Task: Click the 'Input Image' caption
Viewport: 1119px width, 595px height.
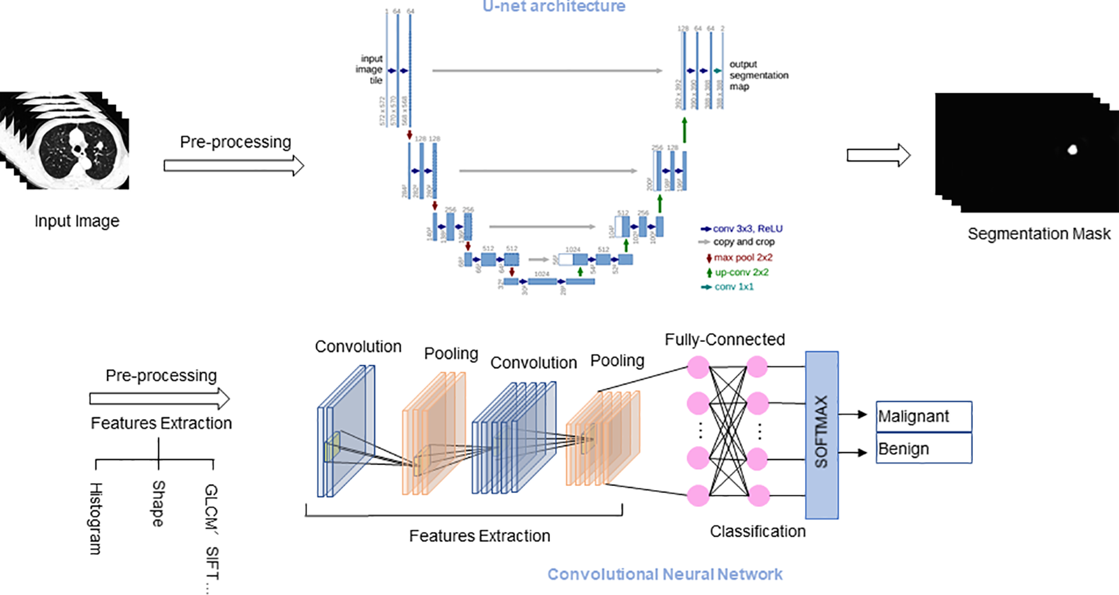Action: click(76, 221)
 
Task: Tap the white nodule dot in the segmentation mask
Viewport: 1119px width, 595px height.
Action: click(1072, 150)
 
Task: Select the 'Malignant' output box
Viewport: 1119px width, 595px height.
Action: click(923, 416)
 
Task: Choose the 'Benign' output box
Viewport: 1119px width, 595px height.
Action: click(923, 448)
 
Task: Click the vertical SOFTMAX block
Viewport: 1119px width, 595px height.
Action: click(821, 435)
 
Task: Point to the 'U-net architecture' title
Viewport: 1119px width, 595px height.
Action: click(553, 7)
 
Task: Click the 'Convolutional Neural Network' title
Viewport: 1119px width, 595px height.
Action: click(664, 575)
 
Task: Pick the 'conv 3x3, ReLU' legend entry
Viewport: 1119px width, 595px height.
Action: click(747, 229)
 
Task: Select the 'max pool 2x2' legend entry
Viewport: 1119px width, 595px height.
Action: click(742, 257)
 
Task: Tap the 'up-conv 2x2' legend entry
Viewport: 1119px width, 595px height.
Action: click(741, 272)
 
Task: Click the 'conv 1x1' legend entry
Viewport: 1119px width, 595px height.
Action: click(733, 287)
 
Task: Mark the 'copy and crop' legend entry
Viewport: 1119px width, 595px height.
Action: click(743, 242)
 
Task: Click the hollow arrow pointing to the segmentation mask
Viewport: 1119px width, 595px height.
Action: click(878, 155)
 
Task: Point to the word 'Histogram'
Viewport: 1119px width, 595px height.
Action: click(96, 519)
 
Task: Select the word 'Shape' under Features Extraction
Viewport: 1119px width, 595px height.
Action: click(158, 504)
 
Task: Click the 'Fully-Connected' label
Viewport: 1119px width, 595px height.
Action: click(725, 340)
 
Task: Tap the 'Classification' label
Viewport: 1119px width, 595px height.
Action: click(758, 532)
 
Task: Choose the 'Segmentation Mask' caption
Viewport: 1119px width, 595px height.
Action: click(1038, 234)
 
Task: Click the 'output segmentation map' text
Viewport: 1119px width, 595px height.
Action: click(758, 75)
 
